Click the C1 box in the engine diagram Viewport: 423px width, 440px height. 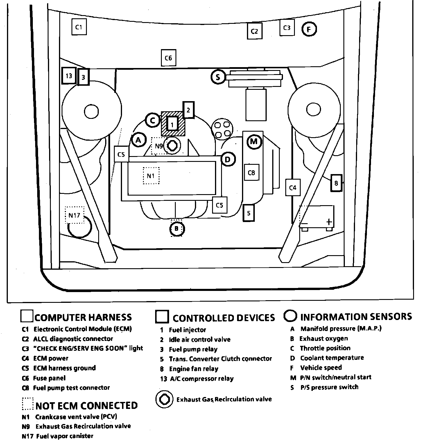pos(79,27)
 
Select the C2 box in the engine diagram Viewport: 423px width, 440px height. pos(254,31)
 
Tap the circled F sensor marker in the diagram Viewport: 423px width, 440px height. pos(309,29)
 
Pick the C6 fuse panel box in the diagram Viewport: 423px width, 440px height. pos(169,58)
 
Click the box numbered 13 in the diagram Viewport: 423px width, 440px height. pos(69,76)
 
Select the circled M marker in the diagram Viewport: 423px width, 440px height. pos(254,142)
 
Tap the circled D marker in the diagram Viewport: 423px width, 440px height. pos(228,159)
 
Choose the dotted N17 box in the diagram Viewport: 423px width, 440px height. pos(74,215)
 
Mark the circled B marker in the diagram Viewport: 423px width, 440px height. pos(177,229)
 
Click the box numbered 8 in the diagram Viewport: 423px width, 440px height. pos(336,183)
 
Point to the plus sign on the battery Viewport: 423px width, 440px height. pos(329,222)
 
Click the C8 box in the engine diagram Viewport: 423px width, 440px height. pos(251,173)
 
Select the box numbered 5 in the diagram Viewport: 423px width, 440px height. pos(249,213)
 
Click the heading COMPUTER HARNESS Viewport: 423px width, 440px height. pos(83,317)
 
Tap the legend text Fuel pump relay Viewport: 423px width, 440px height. pos(193,349)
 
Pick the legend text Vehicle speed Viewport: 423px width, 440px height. pos(321,368)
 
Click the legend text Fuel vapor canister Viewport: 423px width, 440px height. pos(65,436)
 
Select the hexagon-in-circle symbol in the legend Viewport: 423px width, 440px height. pos(165,399)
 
